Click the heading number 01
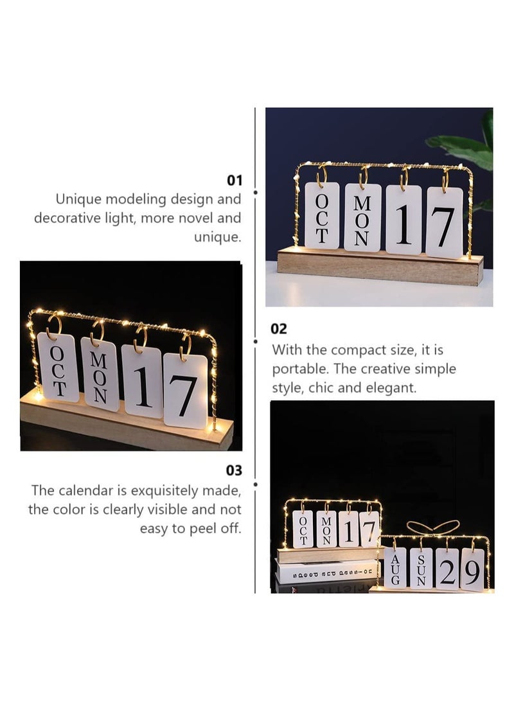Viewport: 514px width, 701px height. tap(233, 180)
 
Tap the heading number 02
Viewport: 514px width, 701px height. tap(279, 328)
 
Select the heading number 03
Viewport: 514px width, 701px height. tap(233, 470)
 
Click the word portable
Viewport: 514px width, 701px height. tap(297, 369)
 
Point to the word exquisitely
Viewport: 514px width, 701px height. tap(165, 492)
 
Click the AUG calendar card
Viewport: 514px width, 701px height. tap(394, 568)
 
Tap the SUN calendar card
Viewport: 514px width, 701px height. tap(421, 568)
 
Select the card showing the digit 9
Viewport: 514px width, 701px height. tap(472, 571)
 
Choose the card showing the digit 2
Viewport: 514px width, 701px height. tap(447, 569)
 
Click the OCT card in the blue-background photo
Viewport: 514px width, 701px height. tap(322, 216)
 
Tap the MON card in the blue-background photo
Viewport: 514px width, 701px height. tap(362, 218)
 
